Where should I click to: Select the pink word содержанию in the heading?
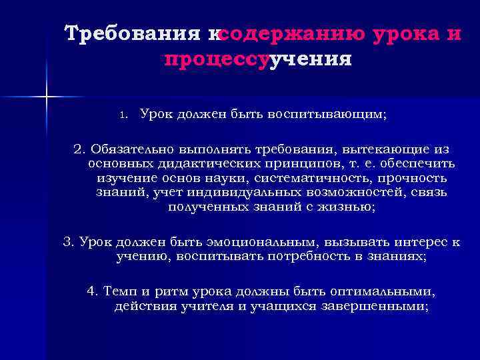click(290, 33)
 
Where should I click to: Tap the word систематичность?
click(313, 178)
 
